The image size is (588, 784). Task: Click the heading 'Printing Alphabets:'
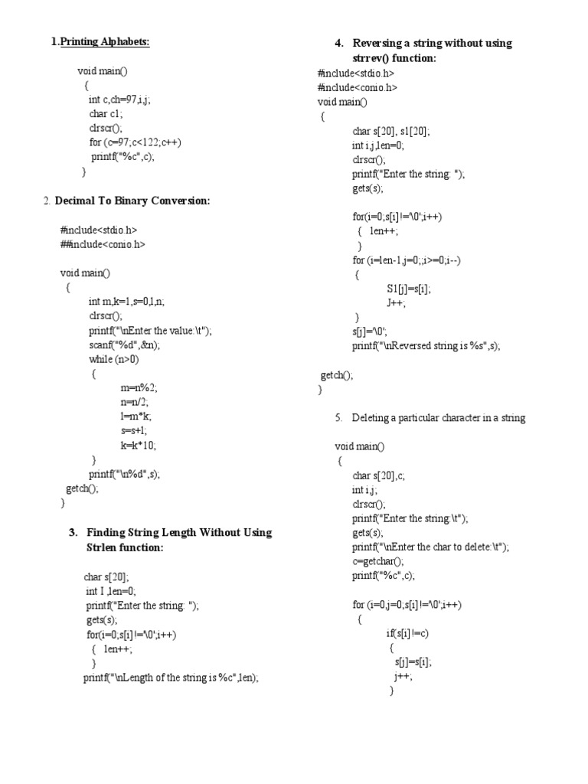tap(105, 41)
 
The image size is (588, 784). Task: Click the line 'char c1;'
tap(106, 113)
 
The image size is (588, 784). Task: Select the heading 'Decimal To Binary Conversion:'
tap(132, 201)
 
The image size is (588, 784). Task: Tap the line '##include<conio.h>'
tap(102, 244)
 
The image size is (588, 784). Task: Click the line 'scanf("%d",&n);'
tap(124, 345)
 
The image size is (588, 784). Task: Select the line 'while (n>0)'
tap(114, 359)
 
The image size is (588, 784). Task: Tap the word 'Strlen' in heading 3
tap(102, 547)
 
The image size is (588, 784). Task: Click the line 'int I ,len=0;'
tap(110, 591)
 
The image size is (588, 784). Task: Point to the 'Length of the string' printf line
tap(171, 678)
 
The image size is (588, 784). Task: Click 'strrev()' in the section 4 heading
tap(374, 57)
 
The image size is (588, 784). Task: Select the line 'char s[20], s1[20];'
tap(391, 131)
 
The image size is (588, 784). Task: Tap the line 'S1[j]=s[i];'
tap(409, 289)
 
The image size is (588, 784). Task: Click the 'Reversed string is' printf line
tap(426, 346)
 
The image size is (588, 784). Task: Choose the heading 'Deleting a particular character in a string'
tap(438, 418)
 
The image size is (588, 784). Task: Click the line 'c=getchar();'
tap(377, 561)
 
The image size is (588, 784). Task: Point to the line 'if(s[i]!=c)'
tap(407, 633)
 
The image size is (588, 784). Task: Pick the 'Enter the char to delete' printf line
tap(430, 547)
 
